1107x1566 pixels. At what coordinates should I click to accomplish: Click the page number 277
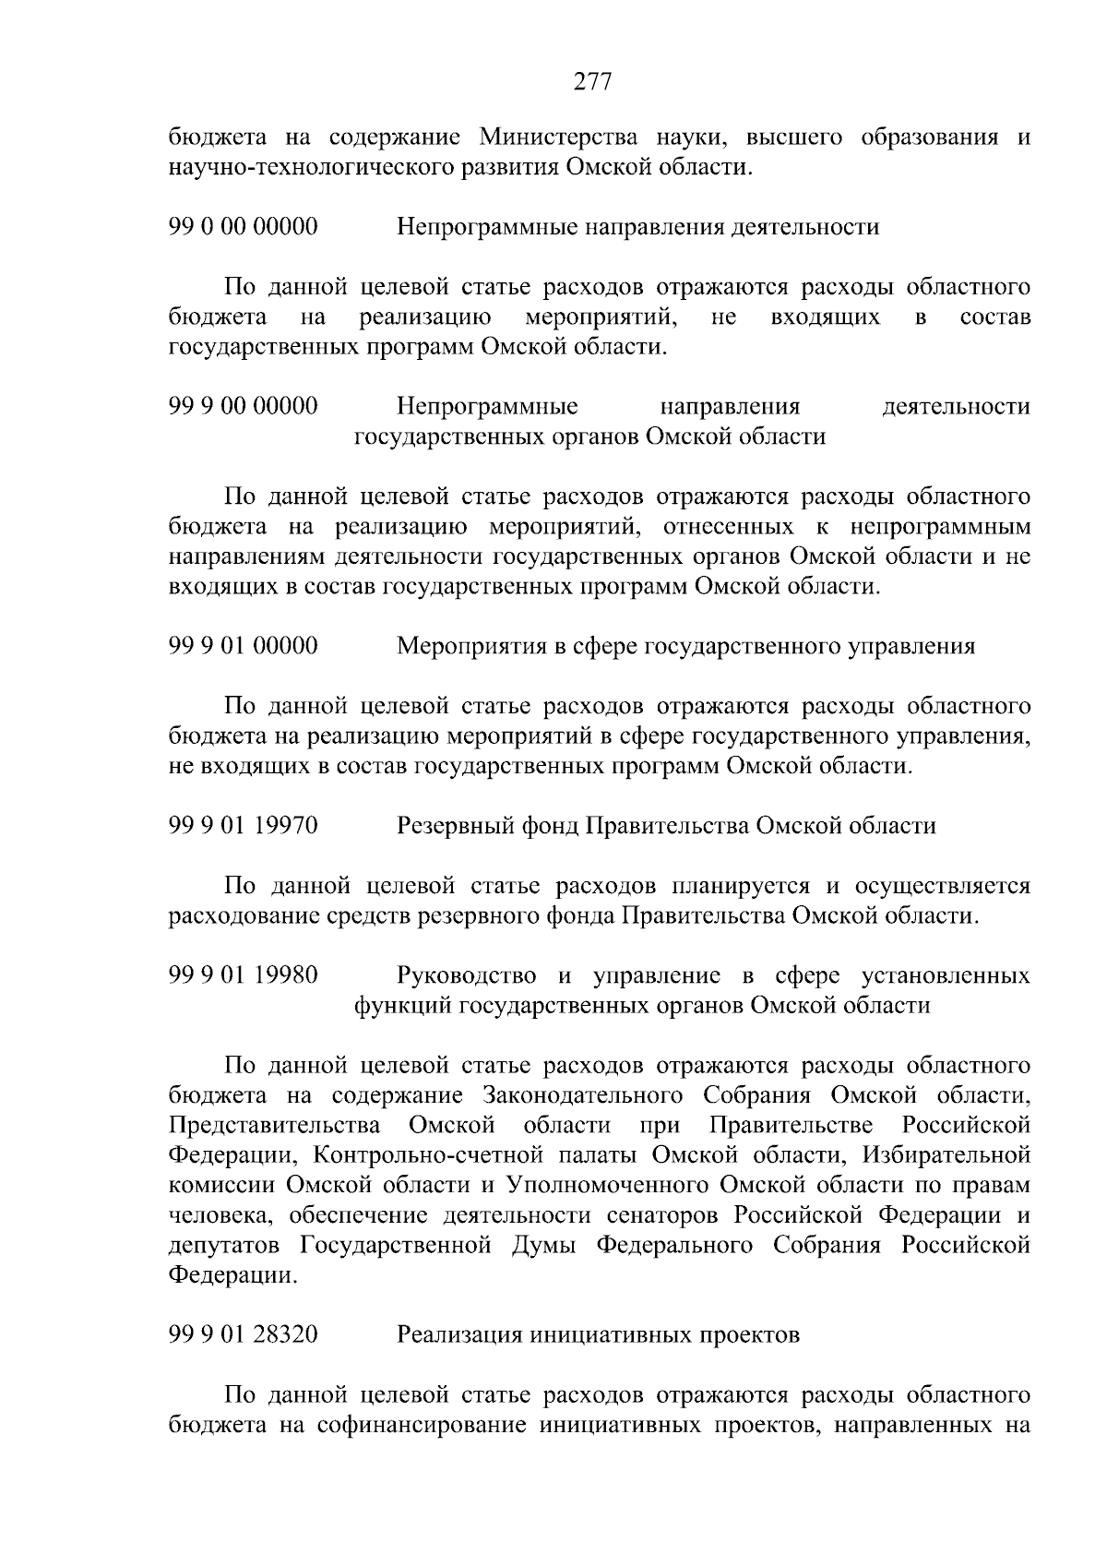tap(593, 82)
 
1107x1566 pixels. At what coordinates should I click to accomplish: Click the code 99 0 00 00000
tap(244, 226)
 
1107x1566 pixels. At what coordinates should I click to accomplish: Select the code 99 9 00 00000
tap(244, 406)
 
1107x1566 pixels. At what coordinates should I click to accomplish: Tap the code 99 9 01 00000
tap(244, 645)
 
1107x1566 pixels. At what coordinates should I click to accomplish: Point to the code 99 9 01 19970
tap(244, 825)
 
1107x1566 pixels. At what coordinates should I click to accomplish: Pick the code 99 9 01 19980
tap(244, 974)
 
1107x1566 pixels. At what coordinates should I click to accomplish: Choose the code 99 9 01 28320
tap(244, 1334)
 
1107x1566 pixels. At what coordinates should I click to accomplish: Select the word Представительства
tap(275, 1125)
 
